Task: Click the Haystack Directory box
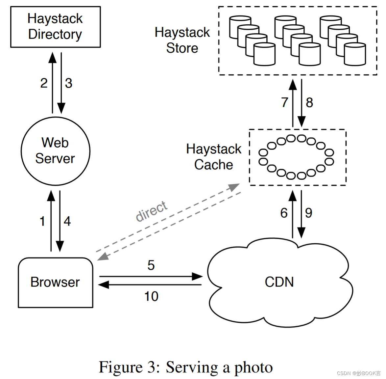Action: tap(55, 27)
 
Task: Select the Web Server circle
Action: tap(55, 151)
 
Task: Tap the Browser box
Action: tap(55, 283)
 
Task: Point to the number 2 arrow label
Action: tap(44, 83)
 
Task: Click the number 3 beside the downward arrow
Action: tap(68, 83)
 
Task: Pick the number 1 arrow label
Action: tap(42, 221)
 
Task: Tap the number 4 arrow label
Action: tap(67, 221)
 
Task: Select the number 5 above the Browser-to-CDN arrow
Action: tap(151, 265)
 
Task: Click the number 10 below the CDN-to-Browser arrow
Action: tap(151, 296)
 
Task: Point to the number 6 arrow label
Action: tap(284, 213)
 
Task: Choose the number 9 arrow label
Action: tap(308, 213)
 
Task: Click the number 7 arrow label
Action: tap(284, 102)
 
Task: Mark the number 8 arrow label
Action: tap(309, 102)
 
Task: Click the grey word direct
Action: tap(152, 211)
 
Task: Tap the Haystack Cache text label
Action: tap(213, 157)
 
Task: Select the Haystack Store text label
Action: tap(182, 40)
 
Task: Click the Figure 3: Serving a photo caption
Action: tap(186, 367)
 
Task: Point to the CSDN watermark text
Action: tap(358, 373)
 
